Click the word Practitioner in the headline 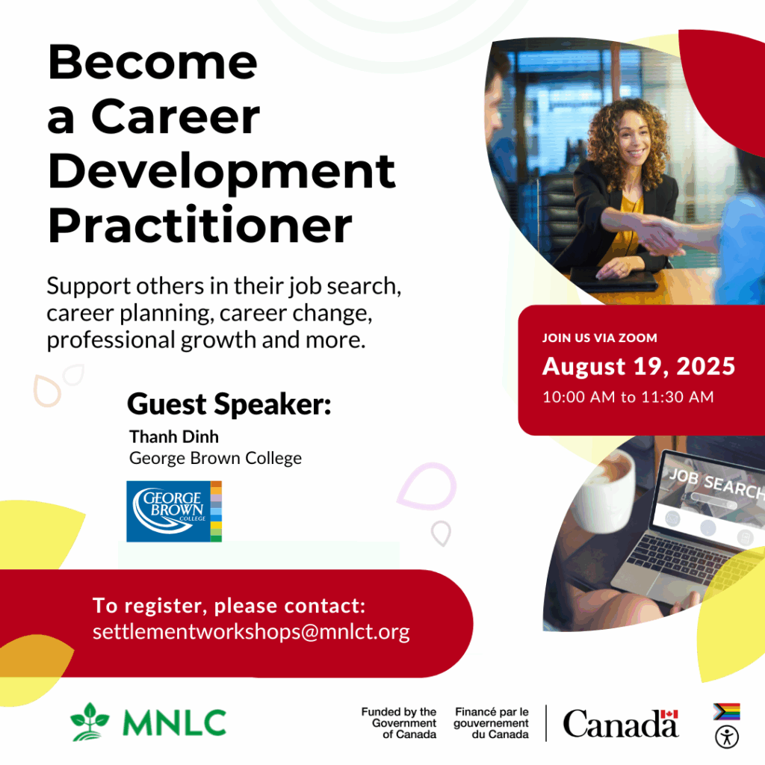pos(200,226)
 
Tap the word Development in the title pos(222,171)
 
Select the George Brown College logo pos(174,511)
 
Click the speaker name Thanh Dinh pos(174,436)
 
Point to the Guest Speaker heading pos(229,404)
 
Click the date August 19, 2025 pos(639,366)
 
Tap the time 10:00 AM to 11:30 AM pos(628,397)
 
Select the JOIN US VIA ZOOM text pos(600,338)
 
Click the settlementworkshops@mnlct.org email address pos(251,632)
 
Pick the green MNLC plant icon pos(90,722)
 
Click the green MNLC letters pos(175,722)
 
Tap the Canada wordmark pos(621,723)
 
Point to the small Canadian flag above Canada pos(669,714)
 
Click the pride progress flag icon pos(727,712)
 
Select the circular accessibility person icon pos(727,737)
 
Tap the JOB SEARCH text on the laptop pos(716,483)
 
